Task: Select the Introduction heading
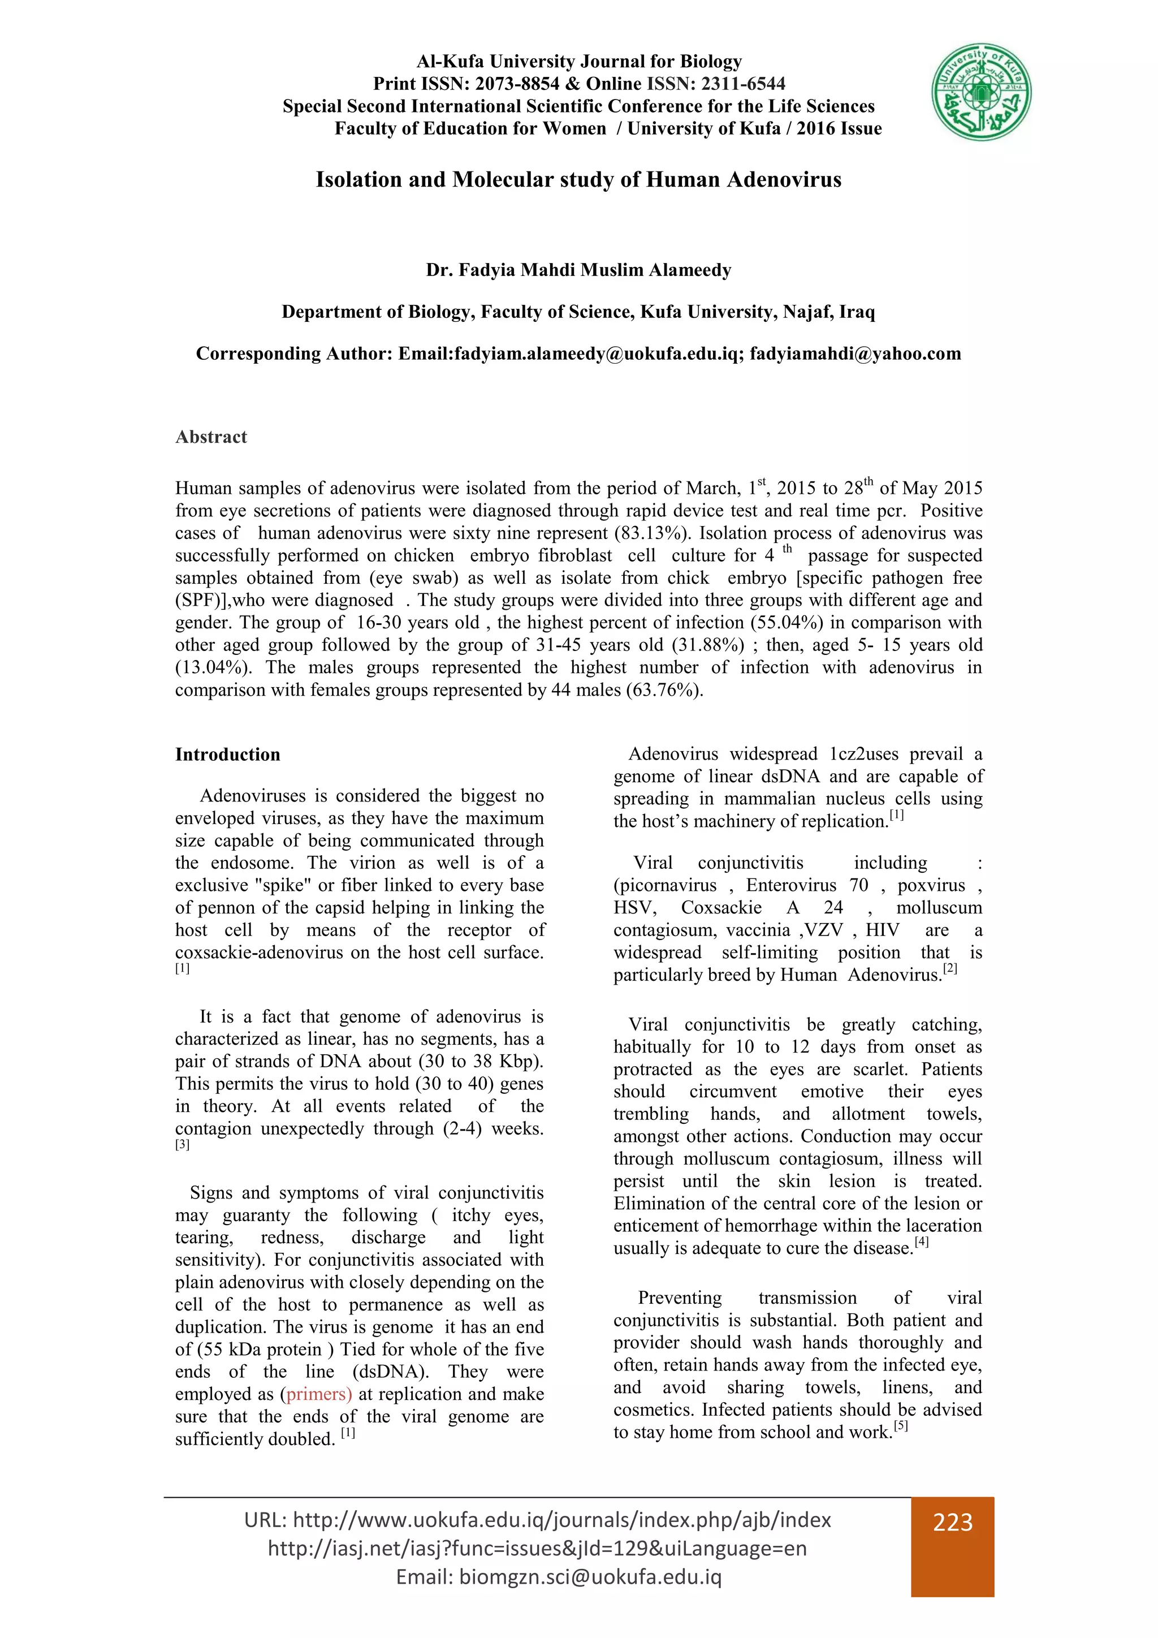tap(227, 755)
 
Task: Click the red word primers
tap(317, 1394)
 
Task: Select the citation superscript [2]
tap(949, 969)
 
